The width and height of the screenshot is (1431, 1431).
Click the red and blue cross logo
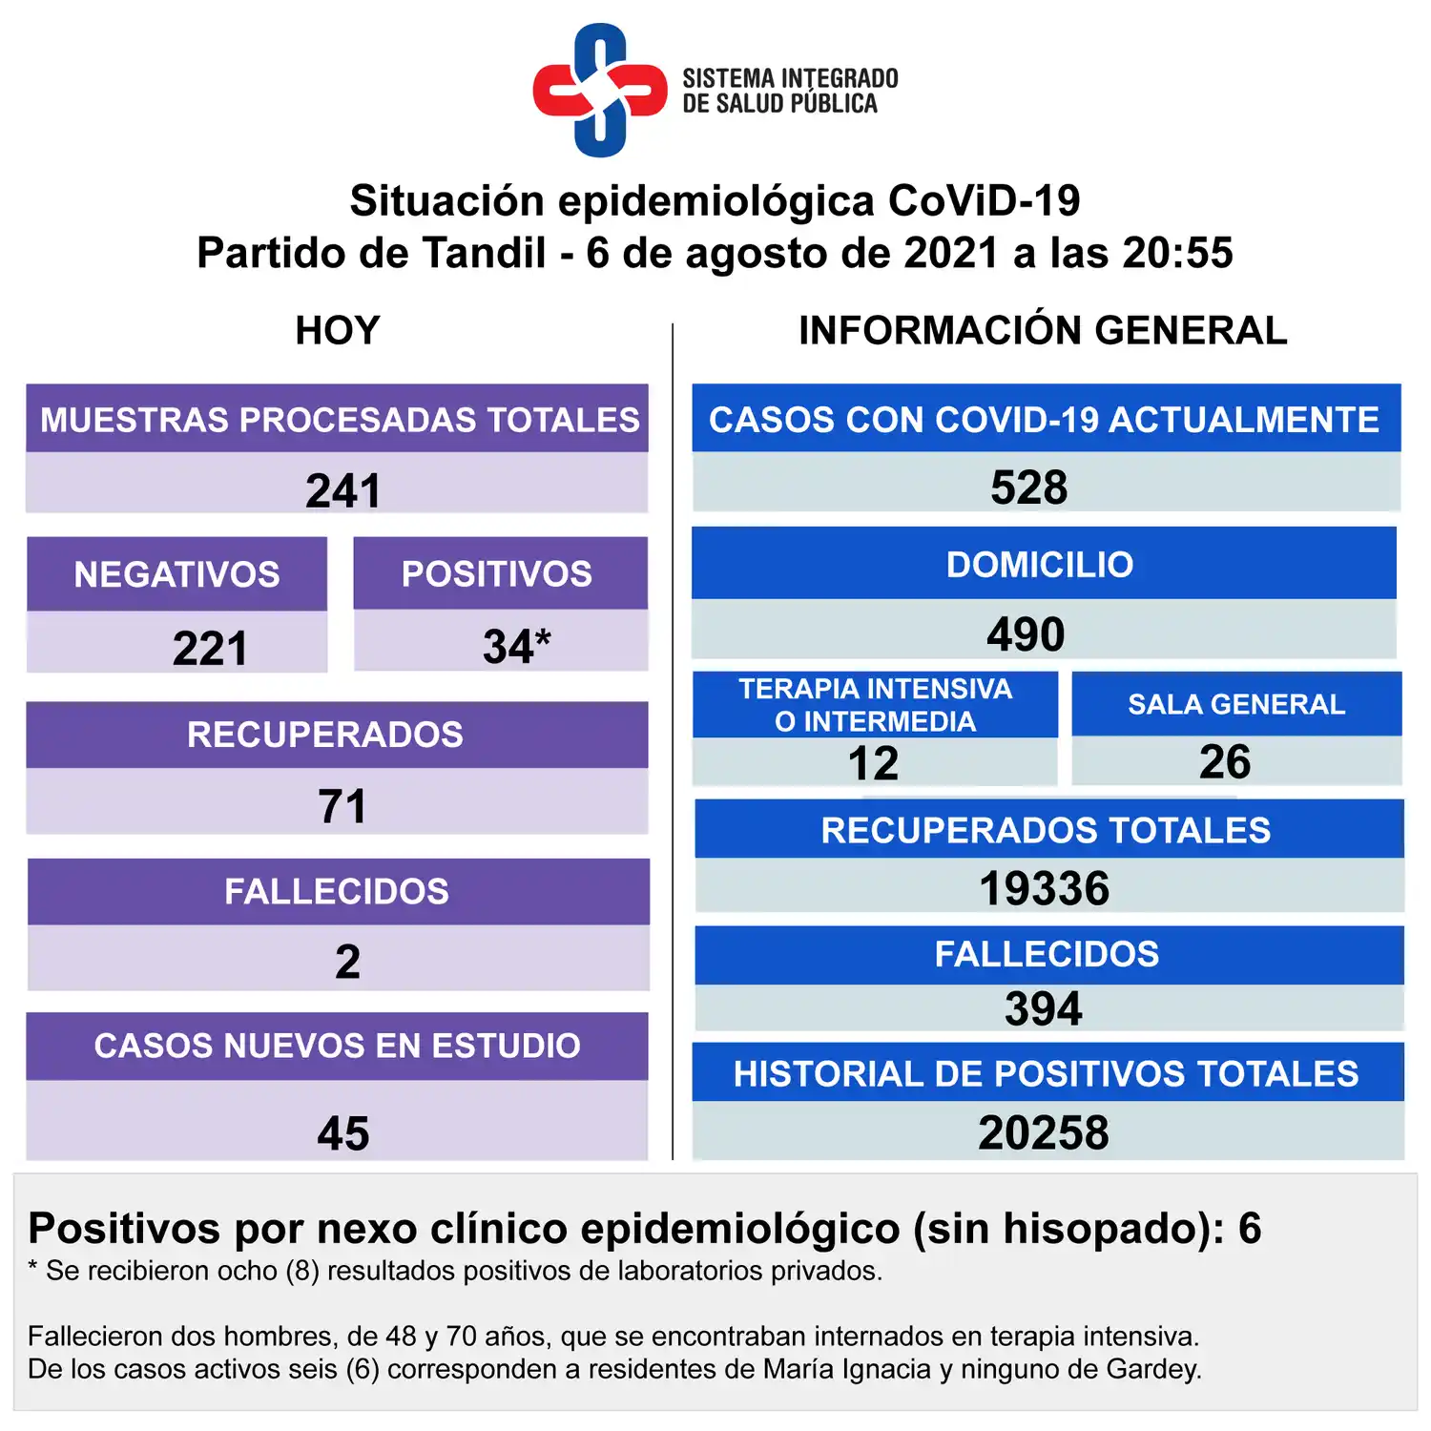pos(600,91)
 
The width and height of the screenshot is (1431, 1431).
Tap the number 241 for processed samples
pos(342,490)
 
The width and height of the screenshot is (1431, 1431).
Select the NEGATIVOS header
pos(177,574)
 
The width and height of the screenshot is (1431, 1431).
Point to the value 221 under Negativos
pos(210,649)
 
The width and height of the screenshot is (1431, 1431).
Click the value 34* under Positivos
pos(516,646)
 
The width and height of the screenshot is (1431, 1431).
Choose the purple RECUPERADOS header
pos(325,735)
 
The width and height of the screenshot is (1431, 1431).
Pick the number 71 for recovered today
pos(342,806)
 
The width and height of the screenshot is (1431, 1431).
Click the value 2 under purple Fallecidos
pos(347,961)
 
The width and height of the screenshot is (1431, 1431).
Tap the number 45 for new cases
pos(342,1133)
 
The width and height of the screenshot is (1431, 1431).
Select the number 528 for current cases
pos(1028,487)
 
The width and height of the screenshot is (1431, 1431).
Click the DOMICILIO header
pos(1040,565)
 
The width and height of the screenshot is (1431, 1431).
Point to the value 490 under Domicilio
pos(1026,634)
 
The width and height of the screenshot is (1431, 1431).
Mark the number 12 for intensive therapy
pos(873,763)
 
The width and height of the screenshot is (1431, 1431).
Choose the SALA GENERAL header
pos(1236,704)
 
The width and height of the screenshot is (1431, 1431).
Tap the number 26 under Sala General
pos(1225,761)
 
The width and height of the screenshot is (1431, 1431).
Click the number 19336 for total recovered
pos(1045,888)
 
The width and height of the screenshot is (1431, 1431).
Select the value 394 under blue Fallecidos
pos(1044,1008)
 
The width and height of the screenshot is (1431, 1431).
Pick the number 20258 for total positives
pos(1044,1132)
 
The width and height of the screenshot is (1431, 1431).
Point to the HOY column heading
pos(338,331)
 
